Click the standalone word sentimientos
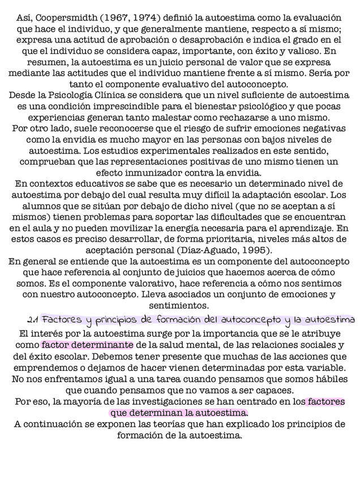point(179,306)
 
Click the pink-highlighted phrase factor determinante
point(87,345)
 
